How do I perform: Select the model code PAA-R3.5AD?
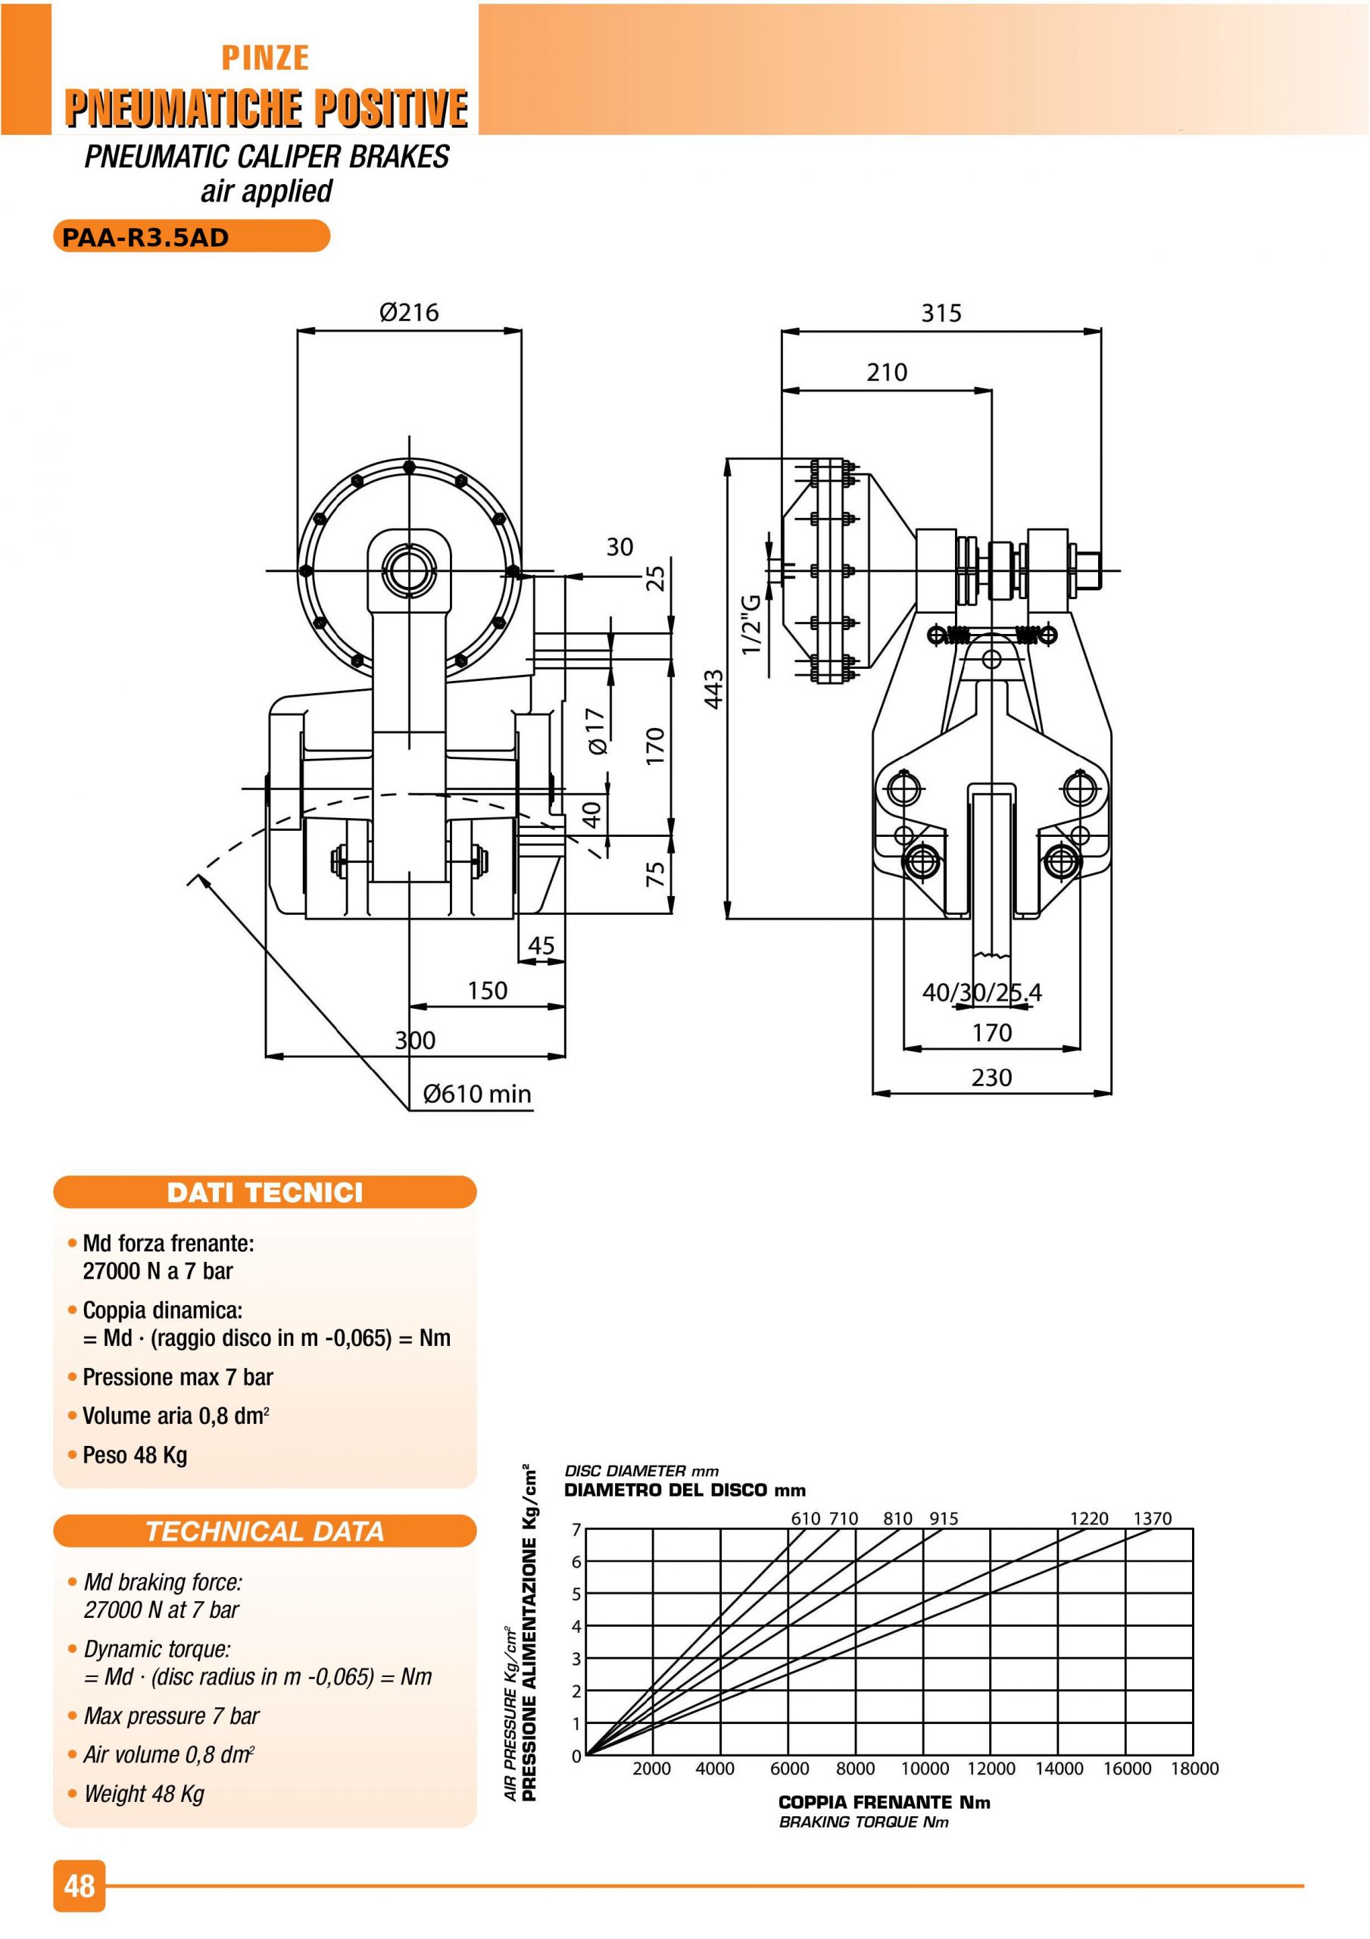(x=145, y=237)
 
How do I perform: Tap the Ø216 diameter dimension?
(x=409, y=313)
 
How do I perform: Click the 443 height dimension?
(x=713, y=689)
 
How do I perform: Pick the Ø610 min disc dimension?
(x=477, y=1094)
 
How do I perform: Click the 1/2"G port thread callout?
(x=751, y=623)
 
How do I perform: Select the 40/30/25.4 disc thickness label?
(x=981, y=992)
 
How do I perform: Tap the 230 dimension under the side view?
(x=991, y=1078)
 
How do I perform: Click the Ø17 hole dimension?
(x=595, y=732)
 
